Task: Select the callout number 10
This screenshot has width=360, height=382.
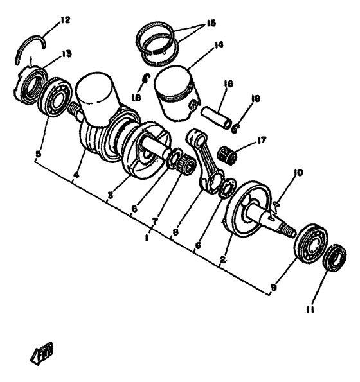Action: pos(298,172)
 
